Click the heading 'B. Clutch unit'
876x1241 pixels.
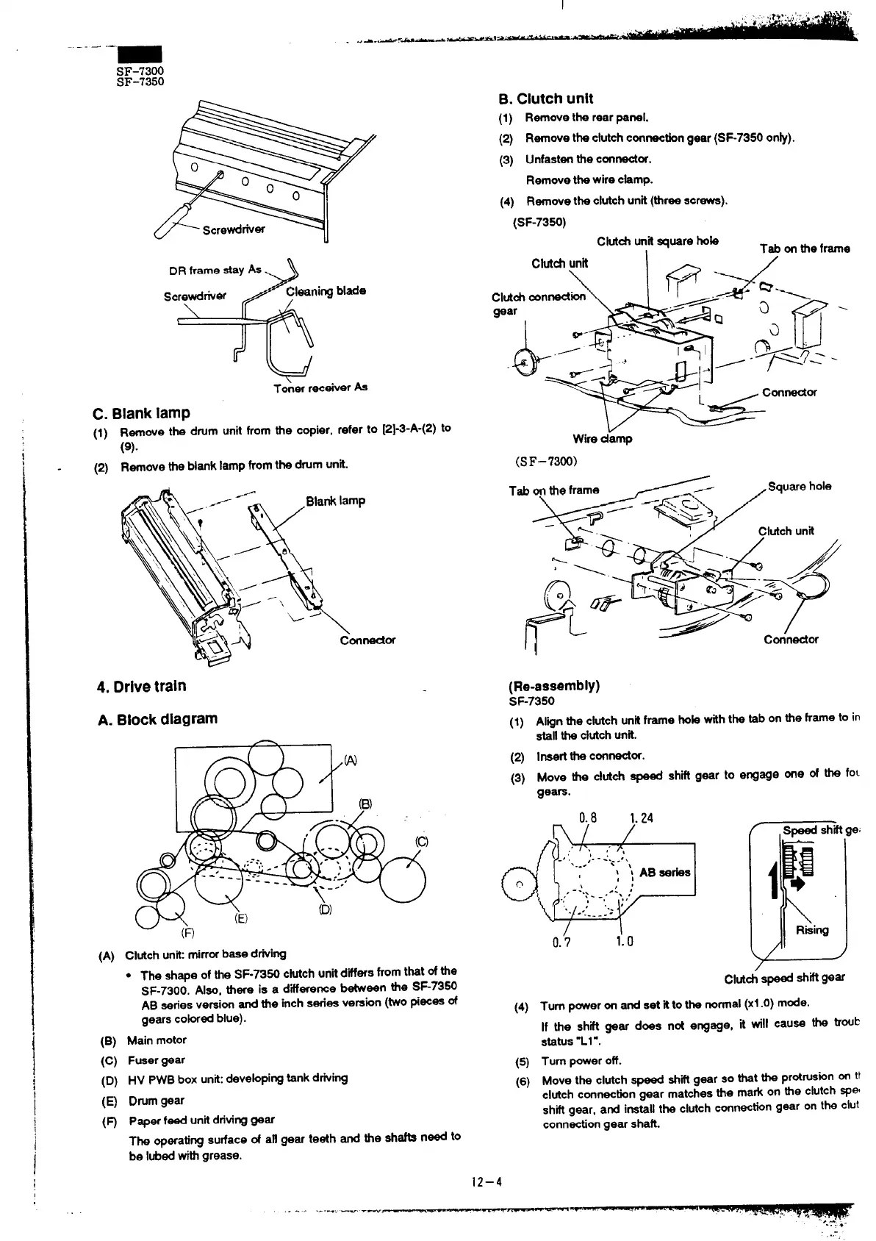[545, 99]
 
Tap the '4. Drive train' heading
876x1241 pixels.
[141, 686]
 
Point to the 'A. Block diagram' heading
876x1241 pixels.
[157, 719]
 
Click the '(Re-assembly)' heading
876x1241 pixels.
[554, 686]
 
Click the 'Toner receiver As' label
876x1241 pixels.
[320, 387]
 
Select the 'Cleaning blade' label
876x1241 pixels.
[326, 290]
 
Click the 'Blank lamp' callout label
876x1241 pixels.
[335, 501]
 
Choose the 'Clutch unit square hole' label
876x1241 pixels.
[658, 240]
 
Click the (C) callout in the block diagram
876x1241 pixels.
[422, 842]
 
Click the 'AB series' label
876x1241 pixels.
[664, 872]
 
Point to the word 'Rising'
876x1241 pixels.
[812, 930]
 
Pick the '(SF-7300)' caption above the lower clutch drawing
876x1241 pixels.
[547, 461]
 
